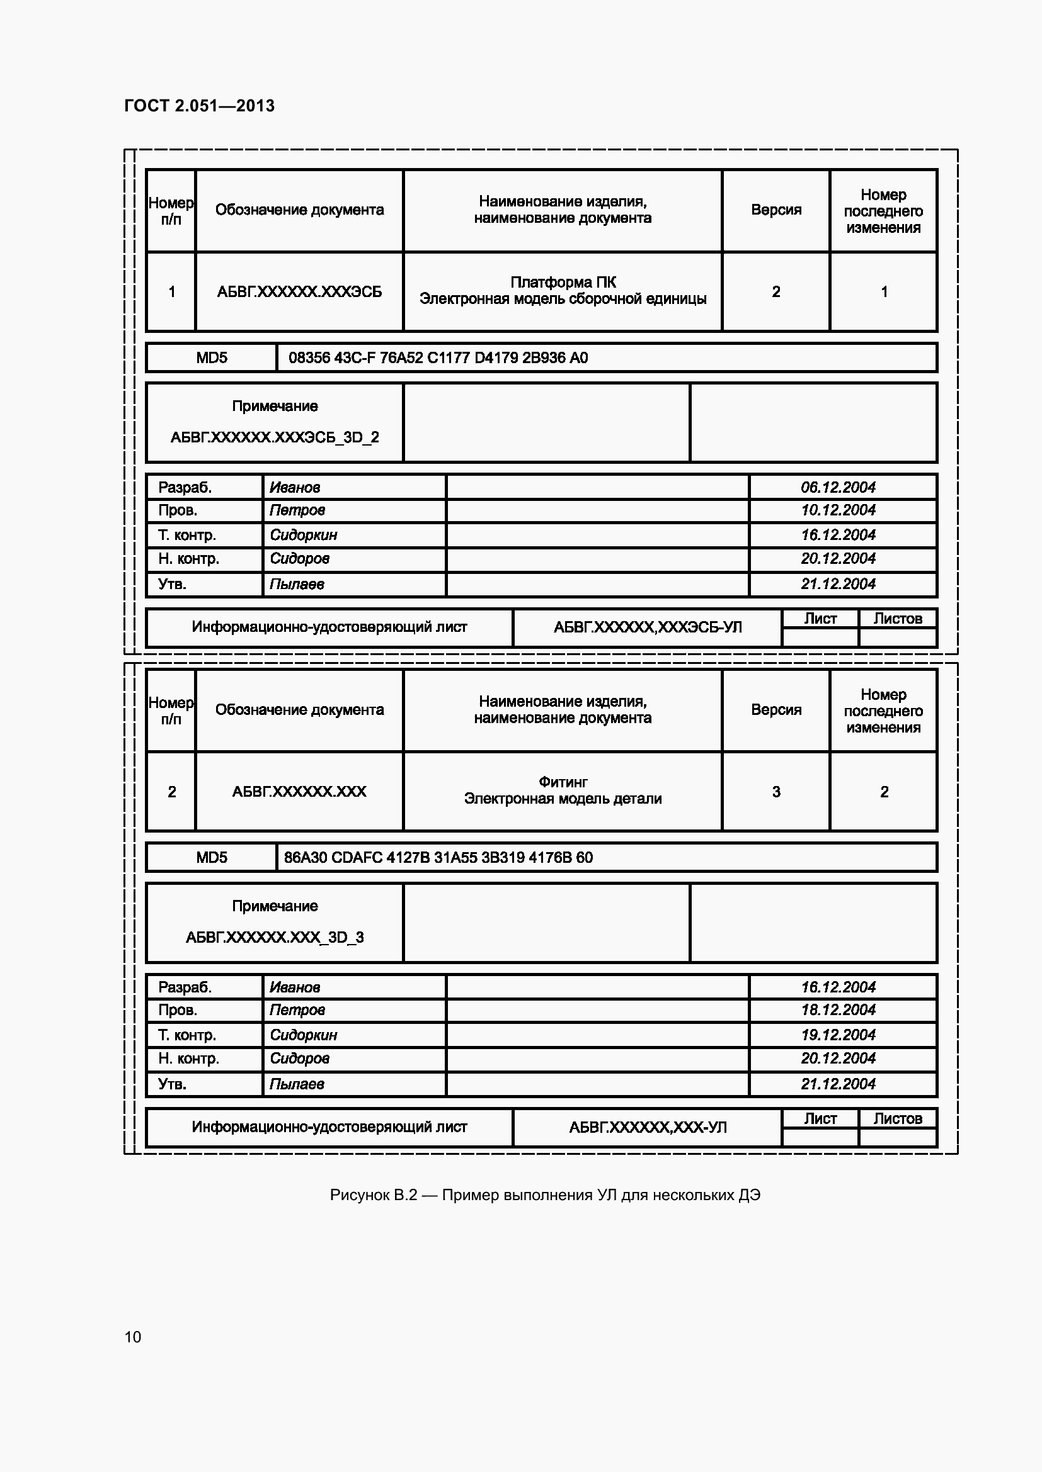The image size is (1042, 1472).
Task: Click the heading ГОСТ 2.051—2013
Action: coord(199,106)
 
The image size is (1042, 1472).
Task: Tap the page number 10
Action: coord(133,1337)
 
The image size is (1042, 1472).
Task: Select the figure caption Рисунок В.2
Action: coord(545,1195)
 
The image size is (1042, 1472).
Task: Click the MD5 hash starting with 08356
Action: coord(438,357)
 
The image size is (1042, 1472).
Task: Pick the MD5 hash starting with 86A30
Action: coord(438,858)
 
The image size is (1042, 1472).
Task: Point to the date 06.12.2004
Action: coord(838,487)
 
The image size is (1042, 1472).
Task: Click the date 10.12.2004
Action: coord(838,510)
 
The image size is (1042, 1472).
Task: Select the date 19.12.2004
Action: coord(838,1035)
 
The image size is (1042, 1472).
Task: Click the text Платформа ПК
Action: coord(563,282)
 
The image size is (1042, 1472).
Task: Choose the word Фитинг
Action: coord(563,782)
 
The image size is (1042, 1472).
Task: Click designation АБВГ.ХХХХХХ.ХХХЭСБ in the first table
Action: coord(299,293)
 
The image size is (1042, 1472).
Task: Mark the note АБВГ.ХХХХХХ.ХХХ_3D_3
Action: coord(275,937)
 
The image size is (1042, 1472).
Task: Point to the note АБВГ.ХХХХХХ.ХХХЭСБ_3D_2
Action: coord(275,437)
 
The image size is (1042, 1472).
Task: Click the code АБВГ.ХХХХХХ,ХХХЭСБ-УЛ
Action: coord(648,627)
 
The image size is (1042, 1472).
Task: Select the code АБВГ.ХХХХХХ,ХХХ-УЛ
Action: coord(648,1127)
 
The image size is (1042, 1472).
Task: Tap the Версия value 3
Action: coord(776,792)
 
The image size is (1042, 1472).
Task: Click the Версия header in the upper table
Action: coord(776,210)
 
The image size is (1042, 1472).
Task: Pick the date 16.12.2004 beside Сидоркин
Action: coord(838,535)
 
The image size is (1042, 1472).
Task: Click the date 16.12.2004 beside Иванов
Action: coord(838,987)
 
